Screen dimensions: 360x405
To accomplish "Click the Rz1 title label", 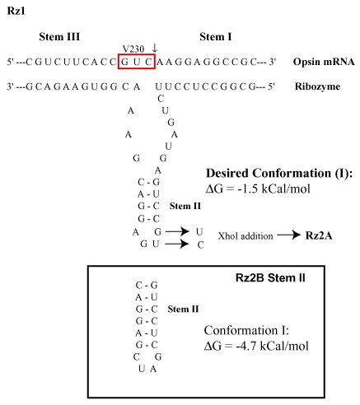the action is [x=16, y=11].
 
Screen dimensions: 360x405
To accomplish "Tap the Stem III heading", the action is [x=59, y=36].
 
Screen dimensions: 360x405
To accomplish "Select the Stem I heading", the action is [x=216, y=36].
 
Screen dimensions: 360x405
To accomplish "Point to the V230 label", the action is [x=133, y=49].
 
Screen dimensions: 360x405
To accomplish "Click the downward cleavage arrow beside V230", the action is [x=155, y=48].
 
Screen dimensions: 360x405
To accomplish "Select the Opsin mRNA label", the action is [x=324, y=62].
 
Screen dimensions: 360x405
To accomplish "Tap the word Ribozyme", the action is [x=317, y=86].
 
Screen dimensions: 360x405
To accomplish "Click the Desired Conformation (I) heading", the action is [x=279, y=173].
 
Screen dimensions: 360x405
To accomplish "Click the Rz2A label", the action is [x=319, y=235].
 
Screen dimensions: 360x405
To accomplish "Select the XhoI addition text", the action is [x=245, y=236].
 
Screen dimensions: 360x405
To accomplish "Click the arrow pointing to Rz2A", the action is [x=288, y=235].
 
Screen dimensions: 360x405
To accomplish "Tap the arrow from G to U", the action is [x=177, y=231].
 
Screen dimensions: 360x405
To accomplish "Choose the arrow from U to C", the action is [x=177, y=244].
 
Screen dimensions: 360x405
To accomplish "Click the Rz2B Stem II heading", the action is [x=270, y=278].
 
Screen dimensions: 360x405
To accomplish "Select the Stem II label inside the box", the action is [x=183, y=310].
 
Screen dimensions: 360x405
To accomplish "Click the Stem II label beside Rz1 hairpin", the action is [x=185, y=206].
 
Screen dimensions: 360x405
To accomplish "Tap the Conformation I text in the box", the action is [x=246, y=330].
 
